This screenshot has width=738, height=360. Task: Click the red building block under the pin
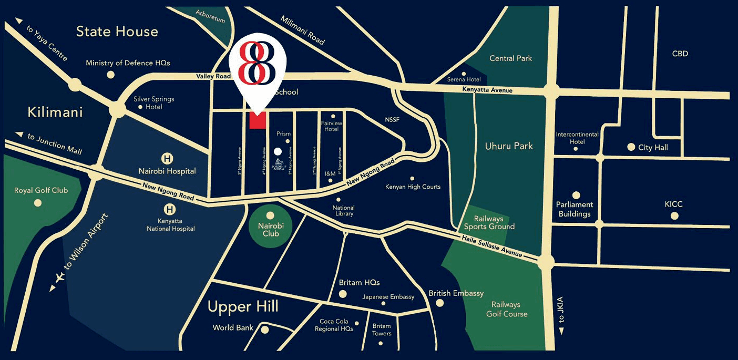coord(258,120)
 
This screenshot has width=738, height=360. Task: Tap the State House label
coord(117,32)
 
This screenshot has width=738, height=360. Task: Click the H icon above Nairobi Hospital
coord(167,158)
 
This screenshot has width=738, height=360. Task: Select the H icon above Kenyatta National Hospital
coord(169,209)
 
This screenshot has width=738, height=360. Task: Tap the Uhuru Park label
coord(508,146)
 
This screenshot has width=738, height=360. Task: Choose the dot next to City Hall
coord(631,147)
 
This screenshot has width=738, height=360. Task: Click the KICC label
coord(673,204)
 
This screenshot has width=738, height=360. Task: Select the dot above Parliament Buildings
coord(576,195)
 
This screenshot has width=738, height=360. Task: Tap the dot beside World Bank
coord(265,330)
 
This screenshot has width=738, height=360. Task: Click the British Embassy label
coord(456,293)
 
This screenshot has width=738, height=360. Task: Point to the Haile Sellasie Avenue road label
coord(493,246)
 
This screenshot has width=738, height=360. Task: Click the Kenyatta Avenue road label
coord(487,90)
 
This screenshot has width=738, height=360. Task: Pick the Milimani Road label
coord(303,30)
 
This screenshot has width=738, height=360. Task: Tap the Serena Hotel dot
coord(464,74)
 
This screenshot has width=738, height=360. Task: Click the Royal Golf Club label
coord(41,190)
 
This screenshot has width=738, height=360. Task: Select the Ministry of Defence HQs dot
coord(110,75)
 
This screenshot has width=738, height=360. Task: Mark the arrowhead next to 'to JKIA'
coord(561,332)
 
